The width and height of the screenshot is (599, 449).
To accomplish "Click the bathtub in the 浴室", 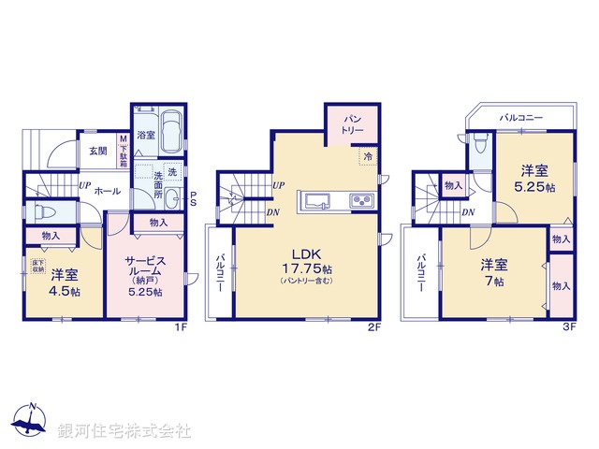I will click(x=168, y=125).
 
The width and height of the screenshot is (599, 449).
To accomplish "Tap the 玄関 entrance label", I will click(x=97, y=150).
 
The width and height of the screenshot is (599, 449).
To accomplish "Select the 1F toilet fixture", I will click(x=41, y=210).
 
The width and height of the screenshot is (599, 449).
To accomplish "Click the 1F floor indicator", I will click(x=182, y=326).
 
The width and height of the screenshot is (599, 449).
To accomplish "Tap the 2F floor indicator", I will click(x=373, y=326).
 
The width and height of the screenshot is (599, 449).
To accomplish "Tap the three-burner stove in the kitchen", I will click(x=360, y=201).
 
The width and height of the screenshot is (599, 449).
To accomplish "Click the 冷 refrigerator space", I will click(x=368, y=157).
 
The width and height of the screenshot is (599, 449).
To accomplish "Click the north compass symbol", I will click(x=32, y=422).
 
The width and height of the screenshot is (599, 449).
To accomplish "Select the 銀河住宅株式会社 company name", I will click(x=124, y=431).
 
